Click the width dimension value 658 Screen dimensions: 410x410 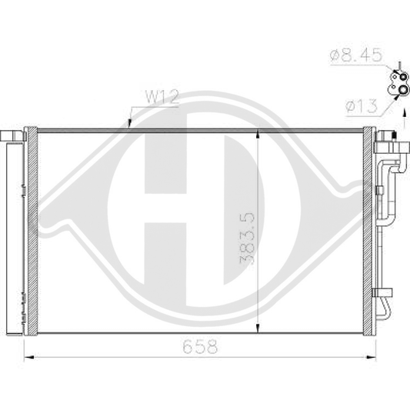pyautogui.click(x=201, y=347)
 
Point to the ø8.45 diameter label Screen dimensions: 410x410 pyautogui.click(x=351, y=55)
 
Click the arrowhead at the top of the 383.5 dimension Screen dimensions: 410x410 pyautogui.click(x=257, y=135)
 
